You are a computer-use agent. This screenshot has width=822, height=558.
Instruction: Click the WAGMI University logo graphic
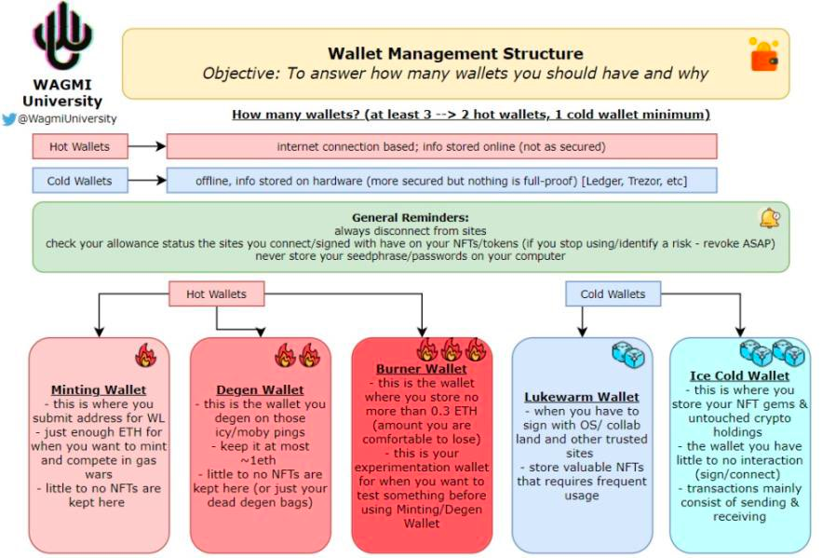click(x=62, y=38)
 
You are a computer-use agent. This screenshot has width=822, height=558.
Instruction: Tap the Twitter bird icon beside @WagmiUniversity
click(x=9, y=118)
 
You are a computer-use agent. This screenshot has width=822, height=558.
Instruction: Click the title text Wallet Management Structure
click(x=455, y=54)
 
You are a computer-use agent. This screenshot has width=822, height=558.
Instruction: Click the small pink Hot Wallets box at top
click(x=79, y=146)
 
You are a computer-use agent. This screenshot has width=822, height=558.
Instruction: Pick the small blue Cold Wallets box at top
click(x=79, y=181)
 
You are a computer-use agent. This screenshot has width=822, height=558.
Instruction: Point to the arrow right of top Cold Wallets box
click(x=146, y=181)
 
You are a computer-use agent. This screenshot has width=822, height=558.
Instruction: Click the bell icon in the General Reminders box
click(x=769, y=219)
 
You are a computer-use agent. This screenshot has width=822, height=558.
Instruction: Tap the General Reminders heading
click(x=410, y=216)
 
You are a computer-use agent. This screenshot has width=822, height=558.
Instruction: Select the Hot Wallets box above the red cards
click(x=216, y=294)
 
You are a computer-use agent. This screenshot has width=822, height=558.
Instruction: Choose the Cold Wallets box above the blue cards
click(x=613, y=294)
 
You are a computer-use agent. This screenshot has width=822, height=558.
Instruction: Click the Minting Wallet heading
click(x=99, y=389)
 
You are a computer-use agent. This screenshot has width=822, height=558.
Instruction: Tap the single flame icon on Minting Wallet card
click(x=145, y=355)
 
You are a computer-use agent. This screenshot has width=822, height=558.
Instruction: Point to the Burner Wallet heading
click(x=422, y=369)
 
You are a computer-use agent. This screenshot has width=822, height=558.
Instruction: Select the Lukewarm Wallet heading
click(x=582, y=397)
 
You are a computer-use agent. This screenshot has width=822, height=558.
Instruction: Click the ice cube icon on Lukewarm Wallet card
click(x=623, y=353)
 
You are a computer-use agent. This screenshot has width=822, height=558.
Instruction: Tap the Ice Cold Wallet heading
click(x=740, y=375)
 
